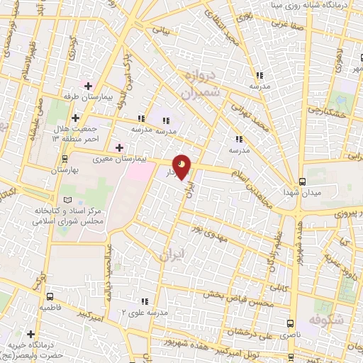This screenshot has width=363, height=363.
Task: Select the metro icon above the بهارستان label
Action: click(x=65, y=159)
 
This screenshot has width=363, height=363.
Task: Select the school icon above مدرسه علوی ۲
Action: click(x=145, y=301)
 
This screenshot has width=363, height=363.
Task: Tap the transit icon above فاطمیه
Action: click(x=50, y=297)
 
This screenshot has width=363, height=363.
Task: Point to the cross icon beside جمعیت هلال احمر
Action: click(x=77, y=118)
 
